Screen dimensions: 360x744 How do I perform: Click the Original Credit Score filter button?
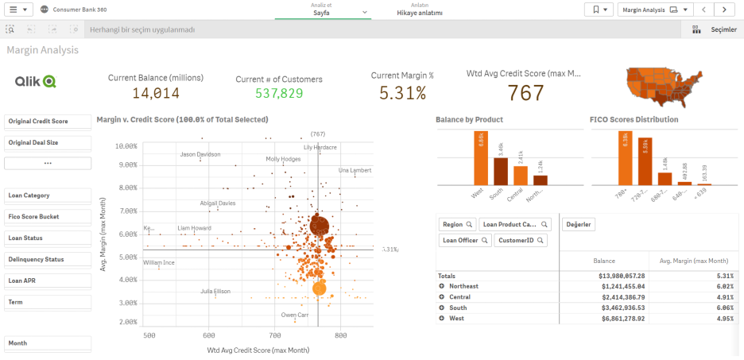(x=48, y=122)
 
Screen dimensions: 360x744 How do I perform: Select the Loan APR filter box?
(x=48, y=281)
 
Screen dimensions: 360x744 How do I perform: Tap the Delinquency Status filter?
(x=48, y=259)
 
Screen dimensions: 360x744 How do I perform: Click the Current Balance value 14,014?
(x=156, y=94)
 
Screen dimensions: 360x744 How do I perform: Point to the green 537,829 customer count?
(x=269, y=94)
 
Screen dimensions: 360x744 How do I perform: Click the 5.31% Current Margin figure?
(x=402, y=93)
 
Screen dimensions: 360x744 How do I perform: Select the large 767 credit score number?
(x=525, y=93)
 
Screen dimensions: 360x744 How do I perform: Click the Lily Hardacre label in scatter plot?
(x=320, y=147)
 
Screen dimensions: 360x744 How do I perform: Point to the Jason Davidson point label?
(x=200, y=154)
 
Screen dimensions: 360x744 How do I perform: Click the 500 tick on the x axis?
(x=149, y=336)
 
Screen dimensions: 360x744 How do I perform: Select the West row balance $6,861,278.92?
(x=614, y=318)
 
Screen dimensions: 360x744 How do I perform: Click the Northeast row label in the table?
(x=464, y=286)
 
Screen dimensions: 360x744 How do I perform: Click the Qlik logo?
(x=35, y=80)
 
